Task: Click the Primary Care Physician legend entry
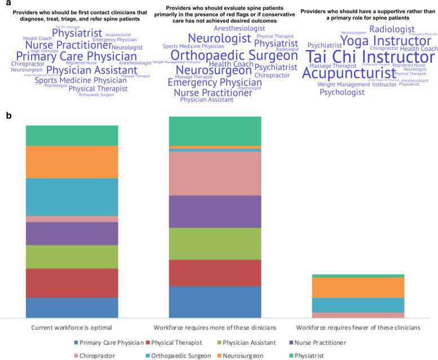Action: point(111,343)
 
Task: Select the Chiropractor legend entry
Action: point(98,355)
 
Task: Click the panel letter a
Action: point(6,4)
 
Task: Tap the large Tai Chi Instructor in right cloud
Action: point(366,58)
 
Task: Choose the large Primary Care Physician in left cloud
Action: point(76,56)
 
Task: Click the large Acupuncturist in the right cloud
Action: point(349,73)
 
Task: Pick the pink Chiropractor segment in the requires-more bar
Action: point(215,174)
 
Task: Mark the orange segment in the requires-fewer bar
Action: point(358,288)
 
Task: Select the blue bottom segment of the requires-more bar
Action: point(215,302)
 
